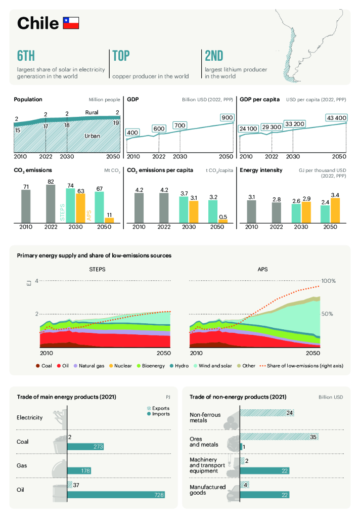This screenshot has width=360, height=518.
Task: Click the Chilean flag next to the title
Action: point(71,22)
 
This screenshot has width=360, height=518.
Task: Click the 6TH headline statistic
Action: point(26,56)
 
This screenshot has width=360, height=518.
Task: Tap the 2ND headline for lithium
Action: point(214,56)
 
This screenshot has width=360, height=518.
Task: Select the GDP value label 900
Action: point(227,118)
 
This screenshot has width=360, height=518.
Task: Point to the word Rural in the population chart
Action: point(92,112)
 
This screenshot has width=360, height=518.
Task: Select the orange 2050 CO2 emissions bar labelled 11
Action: point(109,220)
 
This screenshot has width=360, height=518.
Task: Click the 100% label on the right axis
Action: point(329,281)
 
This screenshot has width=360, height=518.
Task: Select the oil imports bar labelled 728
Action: point(116,494)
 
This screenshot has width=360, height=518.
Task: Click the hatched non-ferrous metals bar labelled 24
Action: point(266,413)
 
